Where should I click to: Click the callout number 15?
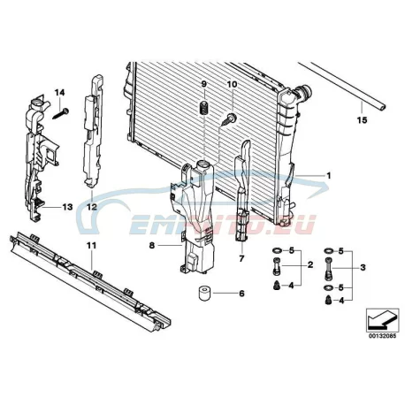[363, 120]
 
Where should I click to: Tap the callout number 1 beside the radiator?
[329, 176]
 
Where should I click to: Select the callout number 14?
[59, 93]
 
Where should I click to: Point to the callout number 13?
[67, 207]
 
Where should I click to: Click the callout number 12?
[92, 207]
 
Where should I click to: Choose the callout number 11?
[92, 245]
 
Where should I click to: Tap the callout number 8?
[152, 245]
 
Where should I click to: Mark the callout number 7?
[241, 259]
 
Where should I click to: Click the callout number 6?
[241, 294]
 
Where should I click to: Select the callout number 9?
[204, 84]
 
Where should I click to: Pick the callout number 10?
[232, 84]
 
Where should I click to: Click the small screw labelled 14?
[61, 114]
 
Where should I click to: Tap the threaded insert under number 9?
[204, 108]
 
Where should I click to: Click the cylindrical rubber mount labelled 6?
[203, 294]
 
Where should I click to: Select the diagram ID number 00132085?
[382, 336]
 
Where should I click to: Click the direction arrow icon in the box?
[382, 320]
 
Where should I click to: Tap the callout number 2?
[310, 265]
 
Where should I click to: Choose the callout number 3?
[363, 268]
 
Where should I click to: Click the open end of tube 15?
[382, 107]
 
